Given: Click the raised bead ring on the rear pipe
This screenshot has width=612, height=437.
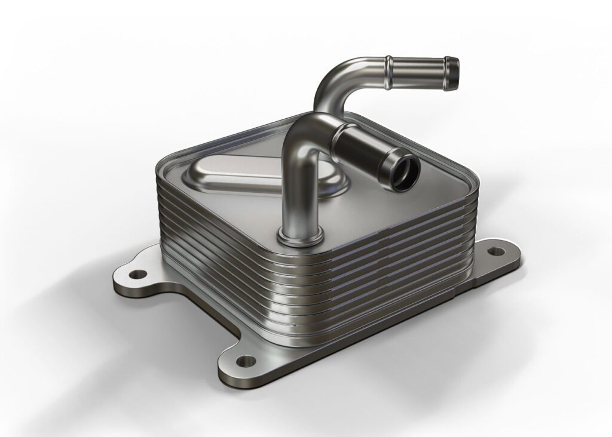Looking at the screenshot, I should pyautogui.click(x=389, y=69).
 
